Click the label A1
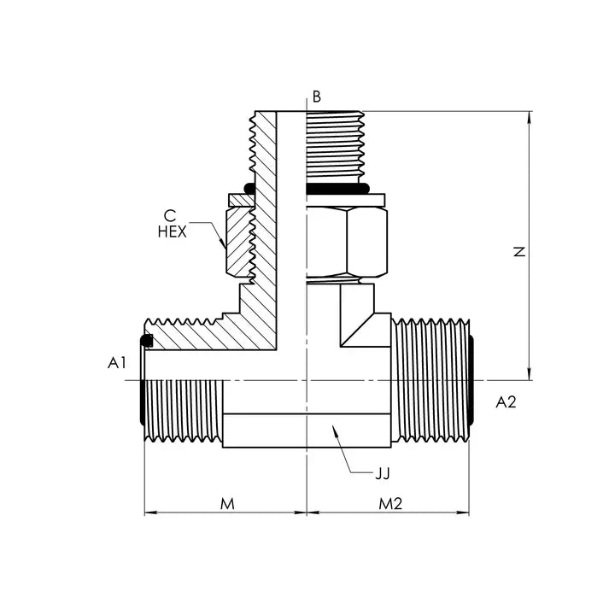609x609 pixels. coord(117,363)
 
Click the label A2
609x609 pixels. coord(507,401)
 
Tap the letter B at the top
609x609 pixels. coord(317,97)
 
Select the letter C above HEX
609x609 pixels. coord(171,215)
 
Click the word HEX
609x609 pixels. coord(172,231)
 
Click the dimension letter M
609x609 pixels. coord(227,504)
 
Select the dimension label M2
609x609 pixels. coord(390,504)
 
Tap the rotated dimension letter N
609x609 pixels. coord(518,253)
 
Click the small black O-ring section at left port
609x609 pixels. coord(147,342)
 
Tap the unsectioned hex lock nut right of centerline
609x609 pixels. coord(346,241)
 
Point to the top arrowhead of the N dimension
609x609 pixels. coord(530,118)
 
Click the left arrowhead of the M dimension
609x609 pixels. coord(149,512)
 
